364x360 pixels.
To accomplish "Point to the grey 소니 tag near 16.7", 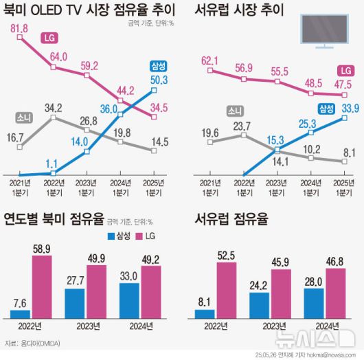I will [x=25, y=117].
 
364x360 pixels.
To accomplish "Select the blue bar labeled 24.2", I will [x=260, y=306].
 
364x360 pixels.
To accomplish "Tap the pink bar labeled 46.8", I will [x=334, y=295].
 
